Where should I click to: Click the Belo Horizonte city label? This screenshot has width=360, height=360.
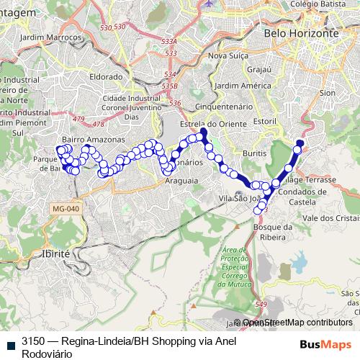point(301,33)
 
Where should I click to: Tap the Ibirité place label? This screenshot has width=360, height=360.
point(56,254)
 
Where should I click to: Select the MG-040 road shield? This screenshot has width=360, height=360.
point(65,209)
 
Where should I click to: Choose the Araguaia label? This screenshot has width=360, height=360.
point(181,182)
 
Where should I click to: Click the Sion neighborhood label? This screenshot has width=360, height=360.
point(328,93)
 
